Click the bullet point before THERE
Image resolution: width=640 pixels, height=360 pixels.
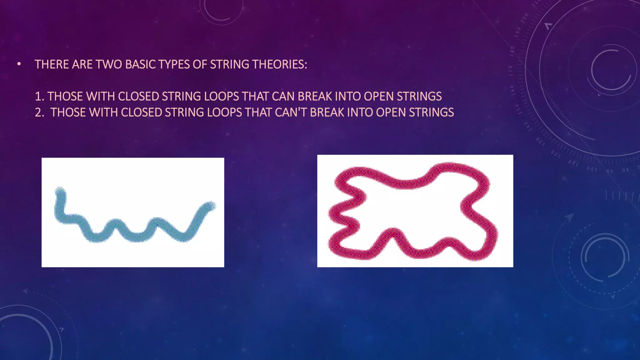coord(19,64)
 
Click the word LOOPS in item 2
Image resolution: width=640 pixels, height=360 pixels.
coord(224,112)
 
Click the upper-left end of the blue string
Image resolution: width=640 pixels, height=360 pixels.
coord(60,191)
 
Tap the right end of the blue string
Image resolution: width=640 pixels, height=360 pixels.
coord(211,206)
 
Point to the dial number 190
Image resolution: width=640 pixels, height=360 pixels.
coord(518,32)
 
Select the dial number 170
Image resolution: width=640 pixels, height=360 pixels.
coord(511,71)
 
